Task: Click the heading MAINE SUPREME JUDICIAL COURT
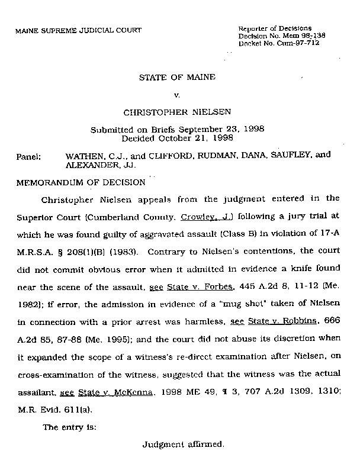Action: click(x=78, y=30)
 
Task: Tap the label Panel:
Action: click(x=29, y=157)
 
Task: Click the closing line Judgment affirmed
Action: click(x=183, y=443)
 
